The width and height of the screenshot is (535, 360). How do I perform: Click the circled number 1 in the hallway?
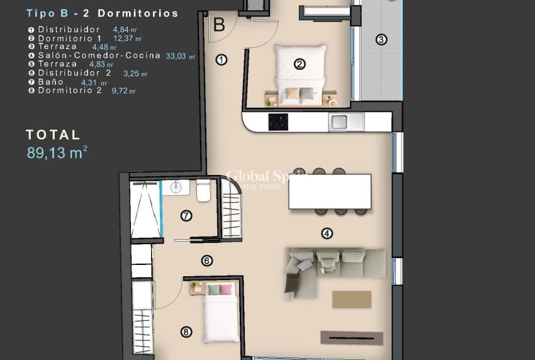click(x=221, y=60)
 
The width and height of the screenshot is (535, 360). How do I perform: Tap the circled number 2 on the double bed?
click(x=300, y=63)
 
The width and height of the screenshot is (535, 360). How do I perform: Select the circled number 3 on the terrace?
click(x=381, y=40)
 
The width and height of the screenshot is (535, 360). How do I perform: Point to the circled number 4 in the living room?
click(x=327, y=233)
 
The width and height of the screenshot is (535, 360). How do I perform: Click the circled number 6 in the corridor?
click(x=206, y=261)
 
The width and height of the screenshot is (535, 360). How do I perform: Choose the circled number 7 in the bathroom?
click(x=186, y=216)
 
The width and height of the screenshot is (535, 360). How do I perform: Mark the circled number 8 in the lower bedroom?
click(x=186, y=332)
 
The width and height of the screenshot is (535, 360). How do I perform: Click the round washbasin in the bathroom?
click(x=176, y=186)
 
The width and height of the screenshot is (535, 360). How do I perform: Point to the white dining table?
click(x=329, y=191)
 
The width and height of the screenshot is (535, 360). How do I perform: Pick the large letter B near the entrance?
click(x=219, y=25)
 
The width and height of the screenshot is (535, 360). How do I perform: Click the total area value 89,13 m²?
click(x=57, y=153)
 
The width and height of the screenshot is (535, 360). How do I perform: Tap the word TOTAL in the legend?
click(x=53, y=134)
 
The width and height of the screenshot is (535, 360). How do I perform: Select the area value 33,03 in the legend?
click(x=178, y=56)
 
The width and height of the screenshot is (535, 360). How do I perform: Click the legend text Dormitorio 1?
click(x=69, y=38)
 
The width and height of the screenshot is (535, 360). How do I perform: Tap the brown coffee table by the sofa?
click(x=351, y=298)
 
